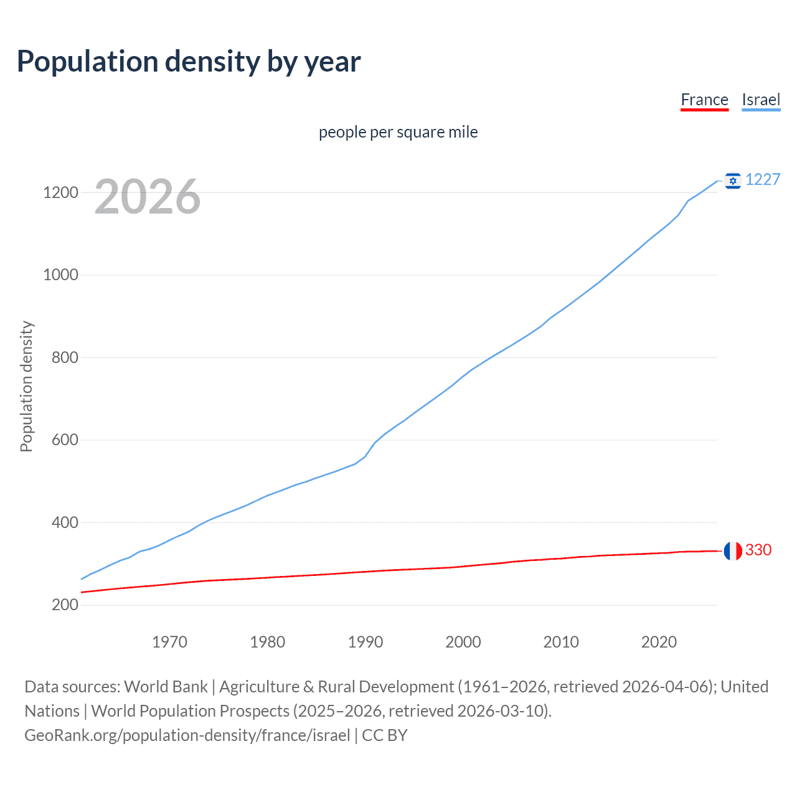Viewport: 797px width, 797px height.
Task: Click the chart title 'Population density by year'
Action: click(189, 62)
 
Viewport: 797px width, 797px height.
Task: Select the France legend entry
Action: click(704, 100)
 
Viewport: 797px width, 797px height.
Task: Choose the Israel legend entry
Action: click(761, 100)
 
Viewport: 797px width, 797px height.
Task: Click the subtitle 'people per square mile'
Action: click(398, 133)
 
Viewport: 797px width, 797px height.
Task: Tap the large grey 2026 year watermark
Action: click(148, 197)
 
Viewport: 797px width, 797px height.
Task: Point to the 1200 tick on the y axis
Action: click(60, 192)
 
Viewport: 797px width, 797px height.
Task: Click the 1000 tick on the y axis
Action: click(60, 275)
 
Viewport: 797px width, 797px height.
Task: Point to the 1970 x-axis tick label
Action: click(169, 642)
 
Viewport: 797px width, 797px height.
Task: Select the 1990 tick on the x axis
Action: click(365, 642)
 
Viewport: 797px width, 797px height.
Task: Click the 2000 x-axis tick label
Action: click(463, 642)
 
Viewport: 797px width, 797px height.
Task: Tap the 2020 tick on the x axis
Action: click(659, 642)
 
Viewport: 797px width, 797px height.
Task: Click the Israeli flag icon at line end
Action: click(733, 181)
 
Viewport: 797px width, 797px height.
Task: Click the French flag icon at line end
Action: click(733, 550)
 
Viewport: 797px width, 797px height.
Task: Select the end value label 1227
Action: click(763, 180)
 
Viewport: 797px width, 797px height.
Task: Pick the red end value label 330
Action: click(758, 550)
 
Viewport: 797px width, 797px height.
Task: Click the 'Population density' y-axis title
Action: click(26, 386)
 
